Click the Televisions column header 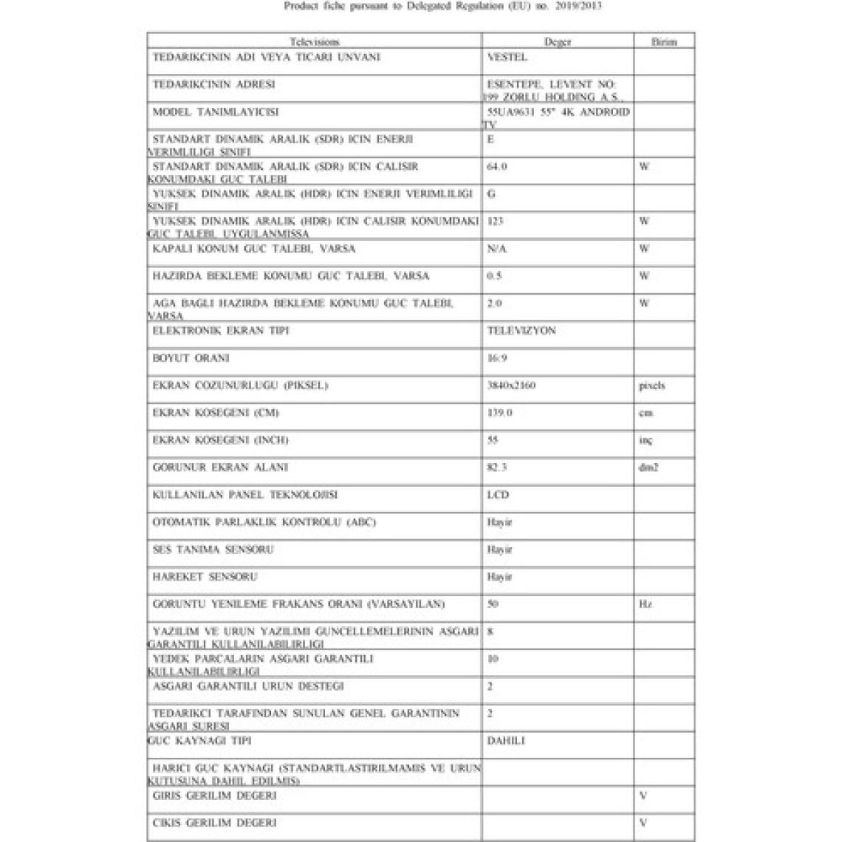[x=315, y=42]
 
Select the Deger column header [x=558, y=42]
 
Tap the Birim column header [x=663, y=42]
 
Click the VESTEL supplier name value [x=507, y=57]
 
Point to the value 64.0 [x=497, y=166]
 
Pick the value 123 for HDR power [x=496, y=221]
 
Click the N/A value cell [x=497, y=249]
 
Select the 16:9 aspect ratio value [x=497, y=358]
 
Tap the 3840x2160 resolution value [x=512, y=386]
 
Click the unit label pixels [x=651, y=386]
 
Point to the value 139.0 [x=499, y=413]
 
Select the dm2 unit [x=648, y=468]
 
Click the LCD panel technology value [x=498, y=495]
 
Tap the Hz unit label [x=645, y=604]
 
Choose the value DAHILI [x=506, y=740]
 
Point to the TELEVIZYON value [x=521, y=331]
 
